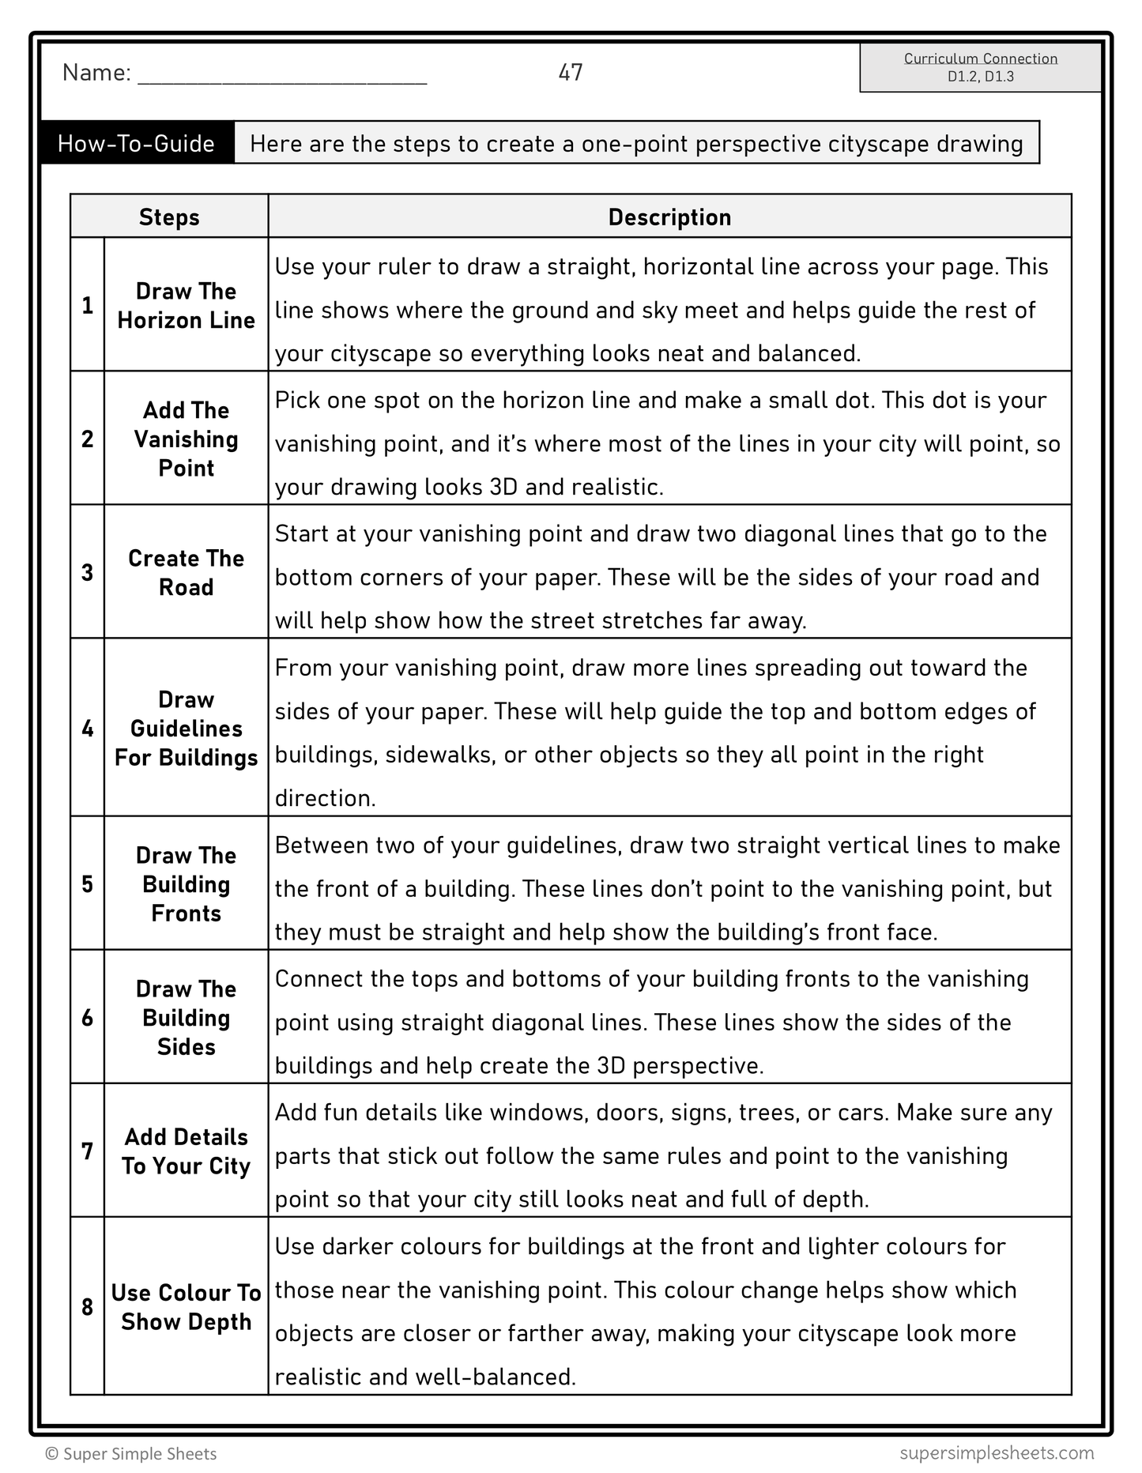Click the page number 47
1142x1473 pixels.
570,73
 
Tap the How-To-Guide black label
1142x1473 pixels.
137,143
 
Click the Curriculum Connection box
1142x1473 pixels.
980,67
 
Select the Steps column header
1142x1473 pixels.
169,217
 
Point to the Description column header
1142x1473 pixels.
669,217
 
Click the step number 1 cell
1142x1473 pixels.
88,305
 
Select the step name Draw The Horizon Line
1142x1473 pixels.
187,306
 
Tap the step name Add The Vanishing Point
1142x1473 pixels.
187,439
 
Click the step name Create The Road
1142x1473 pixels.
187,572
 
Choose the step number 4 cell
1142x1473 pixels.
88,728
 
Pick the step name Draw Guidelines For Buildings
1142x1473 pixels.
187,729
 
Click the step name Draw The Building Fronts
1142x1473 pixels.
187,884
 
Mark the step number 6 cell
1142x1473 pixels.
88,1018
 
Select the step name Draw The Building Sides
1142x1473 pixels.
187,1018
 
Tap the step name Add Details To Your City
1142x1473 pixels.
187,1151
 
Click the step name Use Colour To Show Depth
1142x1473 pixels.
187,1307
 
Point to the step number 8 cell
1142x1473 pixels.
88,1307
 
